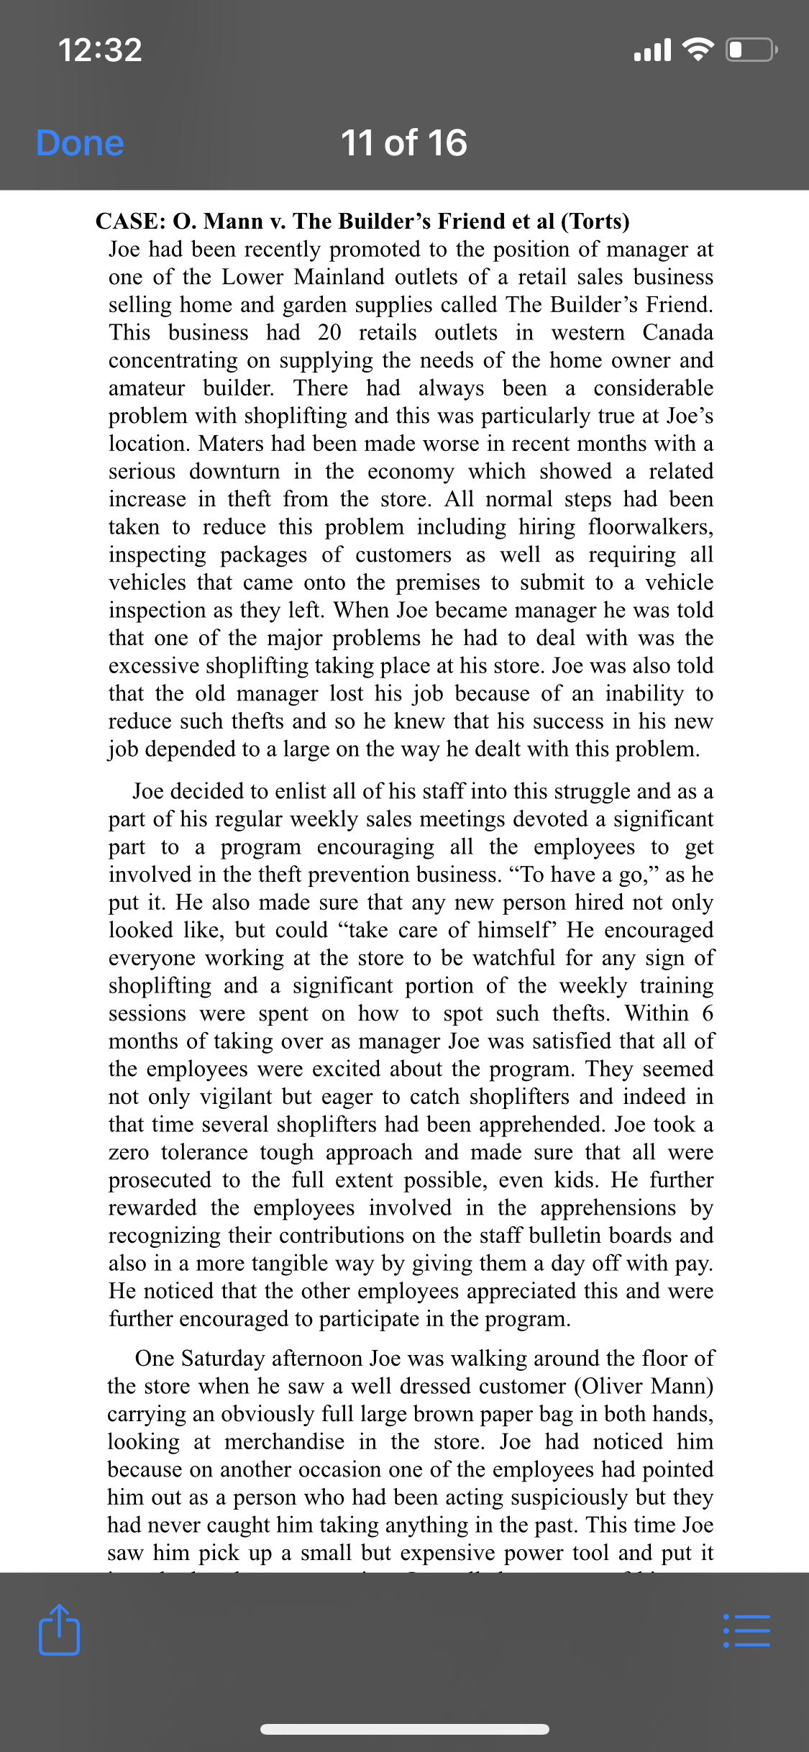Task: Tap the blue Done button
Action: tap(80, 142)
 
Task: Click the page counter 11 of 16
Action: tap(403, 142)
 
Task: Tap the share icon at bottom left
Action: tap(59, 1629)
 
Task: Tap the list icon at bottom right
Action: tap(746, 1630)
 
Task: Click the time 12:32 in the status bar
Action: tap(100, 50)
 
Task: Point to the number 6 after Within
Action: tap(708, 1013)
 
